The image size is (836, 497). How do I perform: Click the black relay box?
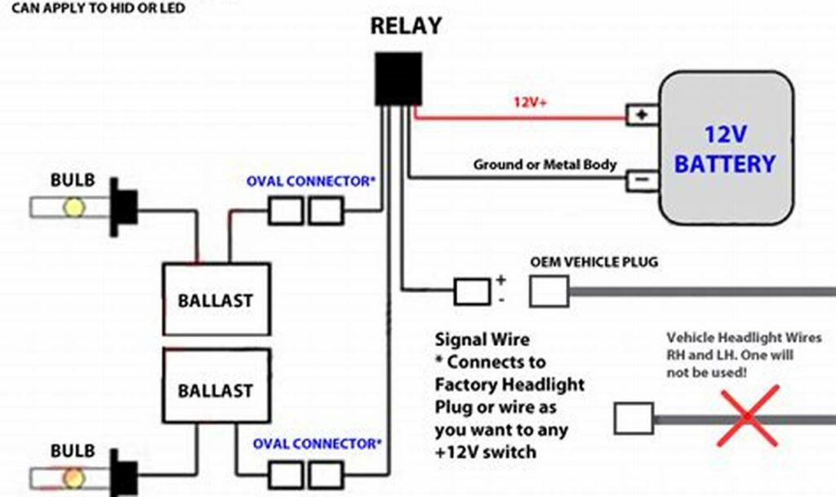[x=398, y=78]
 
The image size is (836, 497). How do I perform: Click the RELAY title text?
[x=406, y=26]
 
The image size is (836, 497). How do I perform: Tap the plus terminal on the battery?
[x=642, y=115]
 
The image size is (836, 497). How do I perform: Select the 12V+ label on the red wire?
[x=530, y=103]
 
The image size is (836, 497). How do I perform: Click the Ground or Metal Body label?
[x=545, y=165]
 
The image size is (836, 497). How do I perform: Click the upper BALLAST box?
[x=216, y=300]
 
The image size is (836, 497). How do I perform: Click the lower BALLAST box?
[x=216, y=390]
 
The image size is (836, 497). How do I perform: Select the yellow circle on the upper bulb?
[x=73, y=207]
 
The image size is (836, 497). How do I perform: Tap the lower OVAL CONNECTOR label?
[x=317, y=444]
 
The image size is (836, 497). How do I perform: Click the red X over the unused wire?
[x=749, y=417]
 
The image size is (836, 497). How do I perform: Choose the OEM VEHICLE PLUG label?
[x=594, y=263]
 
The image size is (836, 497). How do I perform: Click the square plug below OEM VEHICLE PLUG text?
[x=549, y=291]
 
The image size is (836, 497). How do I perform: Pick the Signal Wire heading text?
[x=482, y=339]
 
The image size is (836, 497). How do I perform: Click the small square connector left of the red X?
[x=633, y=419]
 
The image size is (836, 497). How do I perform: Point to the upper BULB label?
[x=73, y=180]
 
